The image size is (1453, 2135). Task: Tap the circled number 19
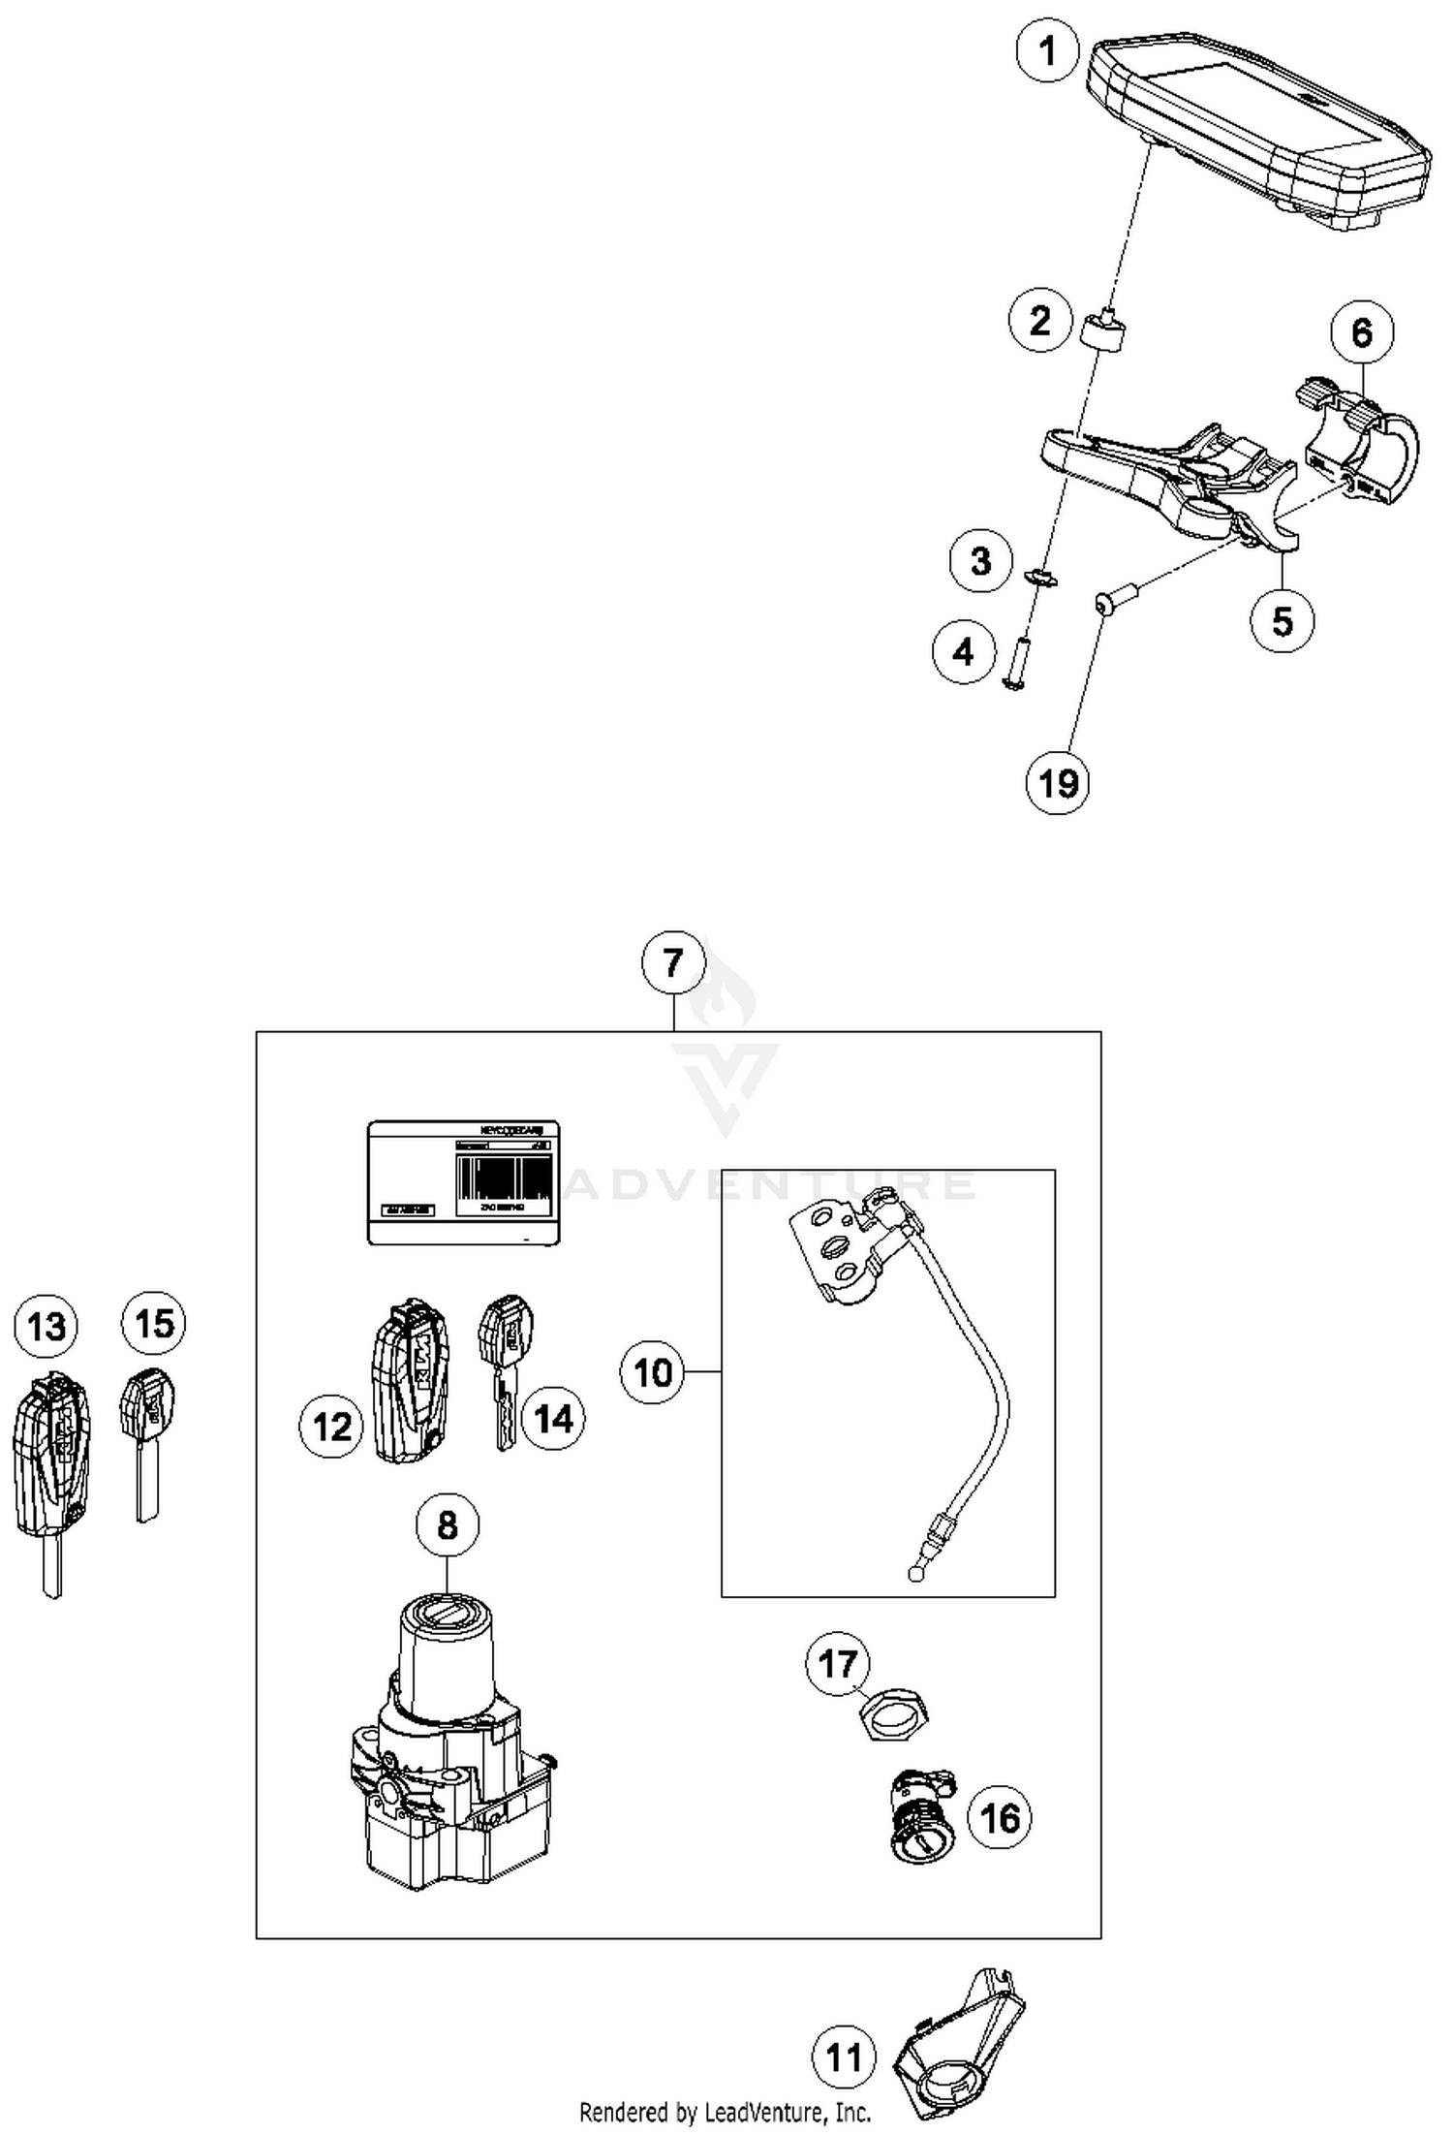pyautogui.click(x=1057, y=782)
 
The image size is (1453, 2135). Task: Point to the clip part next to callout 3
pyautogui.click(x=1041, y=578)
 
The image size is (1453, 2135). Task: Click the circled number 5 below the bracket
pyautogui.click(x=1282, y=620)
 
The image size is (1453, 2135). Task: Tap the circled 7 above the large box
pyautogui.click(x=673, y=963)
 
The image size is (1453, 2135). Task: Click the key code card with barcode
pyautogui.click(x=464, y=1182)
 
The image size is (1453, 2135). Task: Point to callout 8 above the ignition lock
pyautogui.click(x=447, y=1524)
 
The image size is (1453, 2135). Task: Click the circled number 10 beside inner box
pyautogui.click(x=652, y=1372)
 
